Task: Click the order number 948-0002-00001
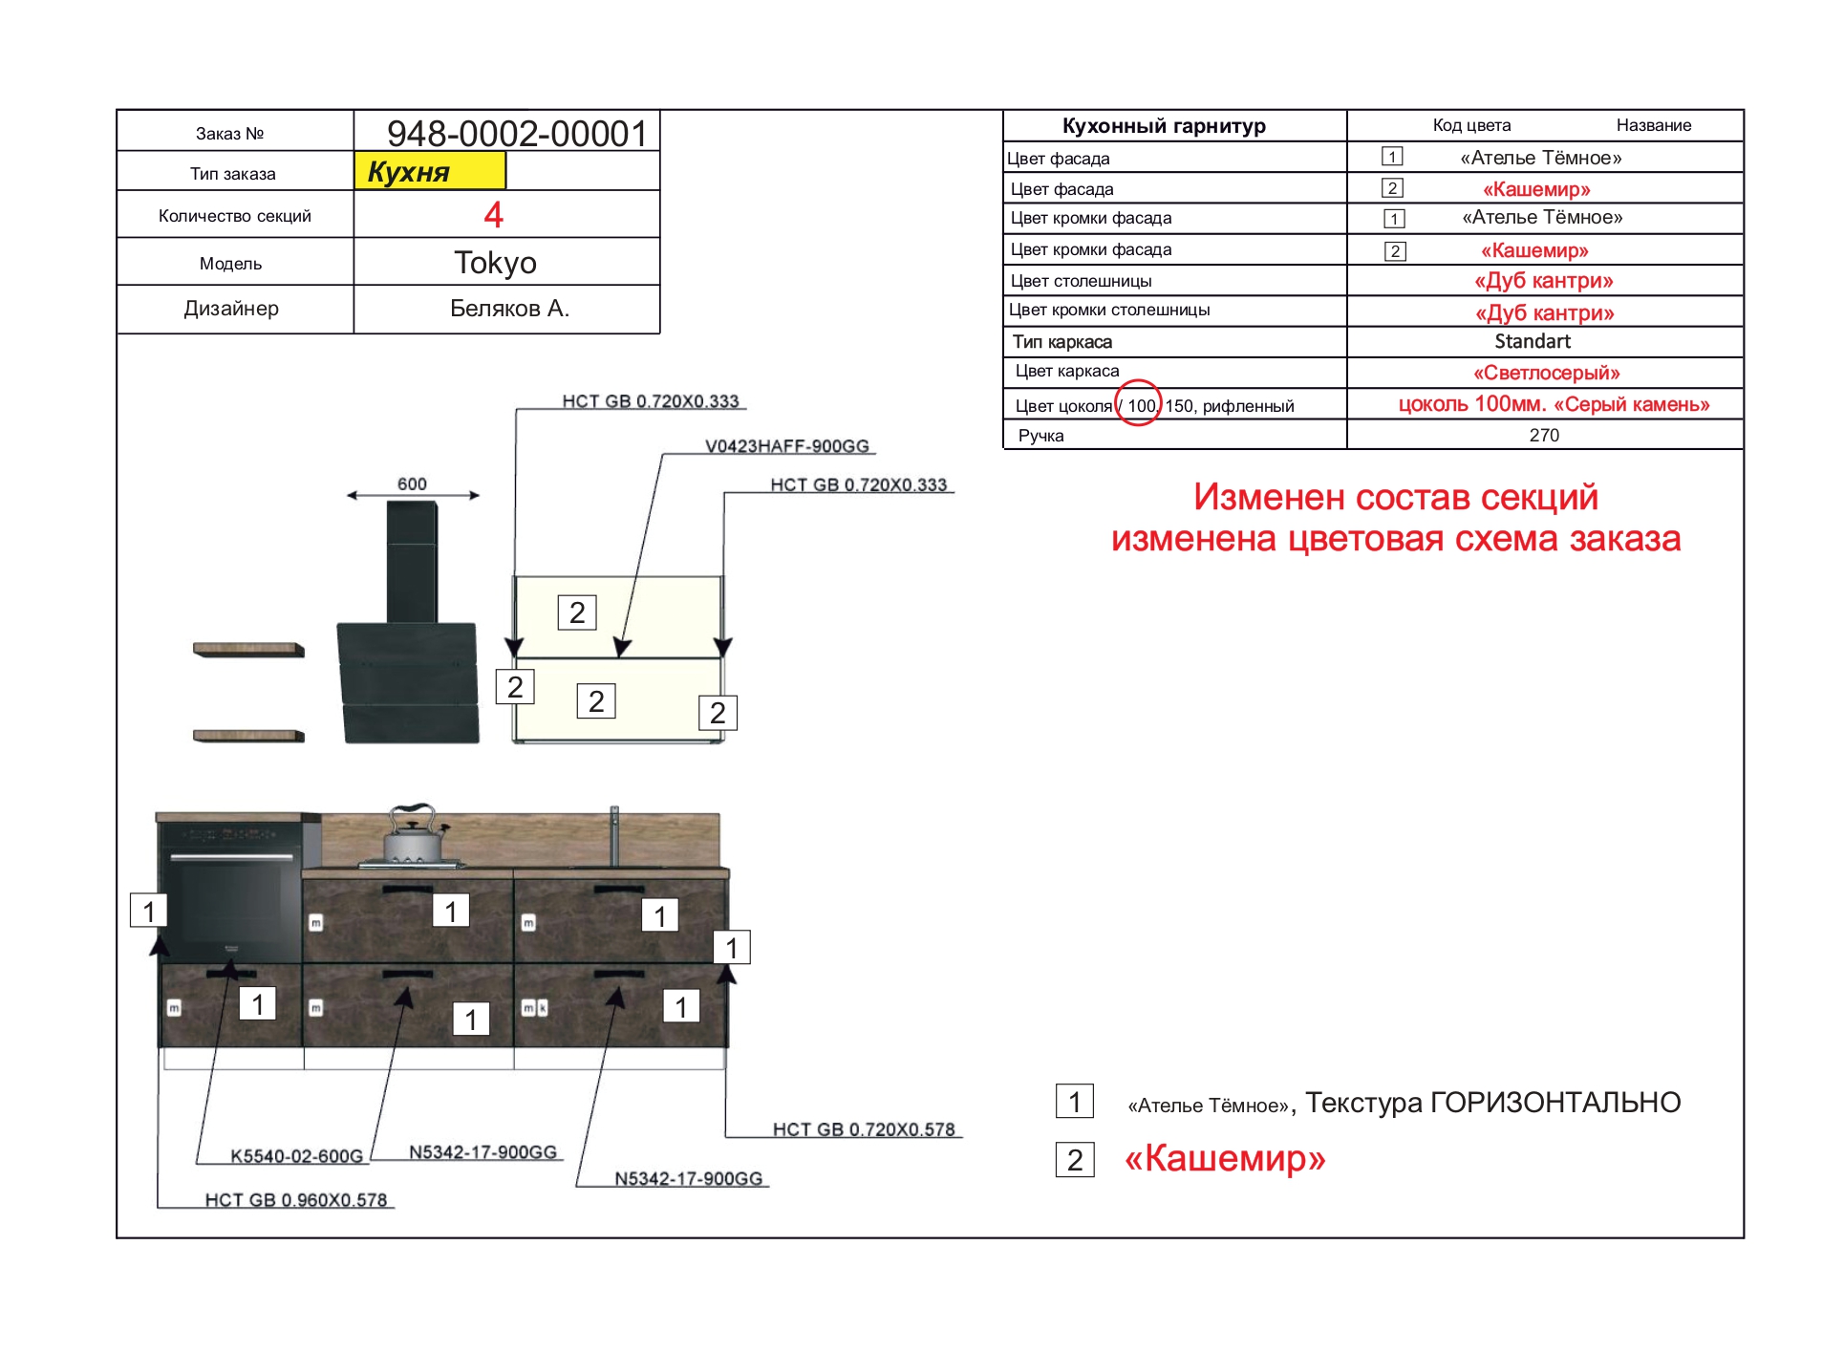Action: point(517,133)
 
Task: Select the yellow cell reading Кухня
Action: point(429,172)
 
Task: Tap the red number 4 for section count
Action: point(493,215)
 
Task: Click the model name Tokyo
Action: point(495,262)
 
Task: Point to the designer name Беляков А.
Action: point(509,309)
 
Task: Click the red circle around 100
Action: point(1139,404)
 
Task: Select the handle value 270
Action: point(1544,436)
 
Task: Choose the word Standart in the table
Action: point(1533,341)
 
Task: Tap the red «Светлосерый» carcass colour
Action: point(1546,373)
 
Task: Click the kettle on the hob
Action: point(412,836)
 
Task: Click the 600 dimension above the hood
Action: point(412,484)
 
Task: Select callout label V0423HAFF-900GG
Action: point(787,446)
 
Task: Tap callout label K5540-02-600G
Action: point(296,1156)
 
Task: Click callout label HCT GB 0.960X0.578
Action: point(296,1200)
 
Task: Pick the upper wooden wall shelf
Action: point(248,650)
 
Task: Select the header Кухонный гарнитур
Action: point(1164,126)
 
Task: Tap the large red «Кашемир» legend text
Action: point(1225,1158)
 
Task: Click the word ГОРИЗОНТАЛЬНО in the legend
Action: point(1555,1103)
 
